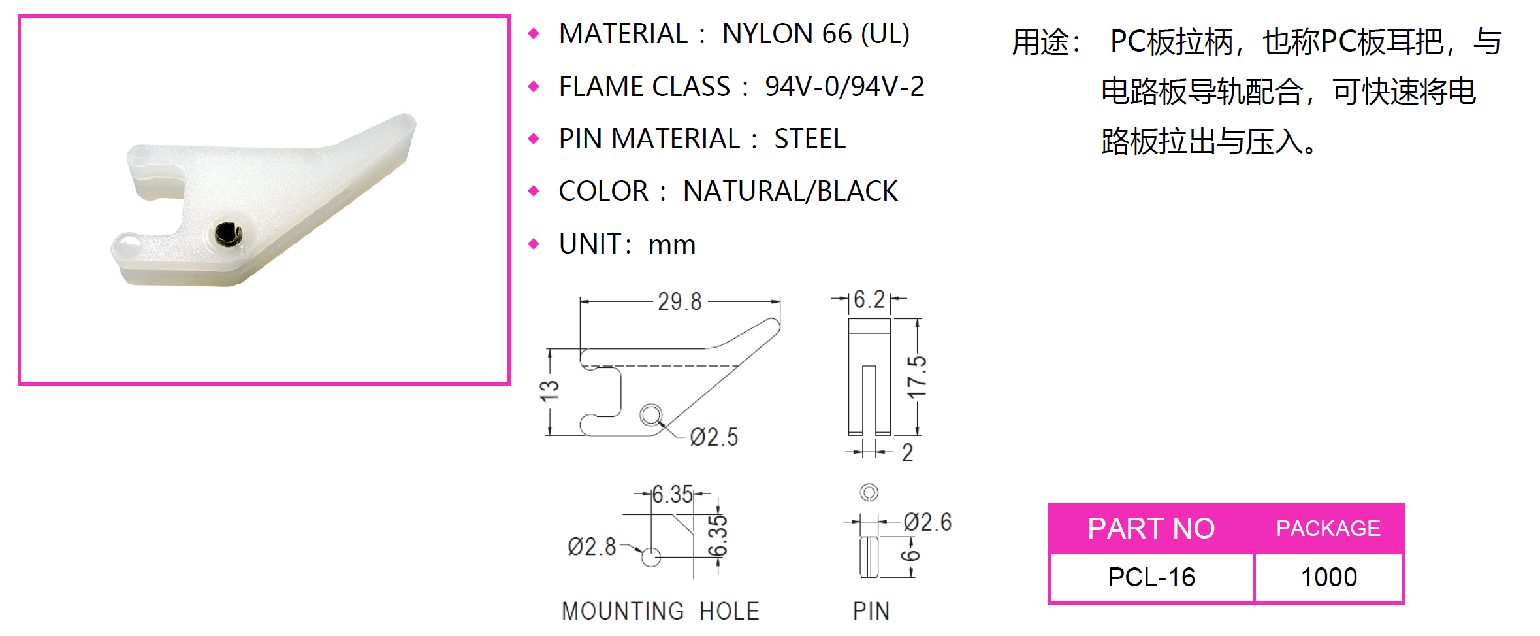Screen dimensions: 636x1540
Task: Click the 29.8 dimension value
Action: point(679,302)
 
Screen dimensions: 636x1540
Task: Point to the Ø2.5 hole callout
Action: point(714,437)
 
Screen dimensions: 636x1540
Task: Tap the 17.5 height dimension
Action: point(917,377)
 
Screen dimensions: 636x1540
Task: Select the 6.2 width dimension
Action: point(869,299)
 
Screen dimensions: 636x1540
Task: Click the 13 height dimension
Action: point(549,391)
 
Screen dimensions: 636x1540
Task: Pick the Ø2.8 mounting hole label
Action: point(592,546)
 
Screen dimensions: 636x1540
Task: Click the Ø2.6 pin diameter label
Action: point(927,522)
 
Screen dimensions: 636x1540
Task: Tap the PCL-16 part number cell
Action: point(1151,577)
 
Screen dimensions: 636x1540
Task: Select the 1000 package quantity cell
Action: point(1328,577)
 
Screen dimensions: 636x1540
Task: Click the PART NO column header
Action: point(1151,528)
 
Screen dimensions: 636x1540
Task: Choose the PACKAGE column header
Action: point(1328,528)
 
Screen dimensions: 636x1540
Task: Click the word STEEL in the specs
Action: point(810,139)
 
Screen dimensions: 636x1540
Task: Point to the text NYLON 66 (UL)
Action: point(816,34)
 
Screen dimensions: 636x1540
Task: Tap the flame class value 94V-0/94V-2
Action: point(844,87)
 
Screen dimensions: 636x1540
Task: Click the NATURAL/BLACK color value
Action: point(790,192)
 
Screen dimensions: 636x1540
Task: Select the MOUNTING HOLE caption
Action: point(660,611)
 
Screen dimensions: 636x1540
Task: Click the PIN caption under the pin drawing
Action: point(871,611)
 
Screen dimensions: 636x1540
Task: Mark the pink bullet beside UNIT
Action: point(534,244)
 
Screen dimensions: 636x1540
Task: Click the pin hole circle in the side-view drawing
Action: point(651,414)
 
